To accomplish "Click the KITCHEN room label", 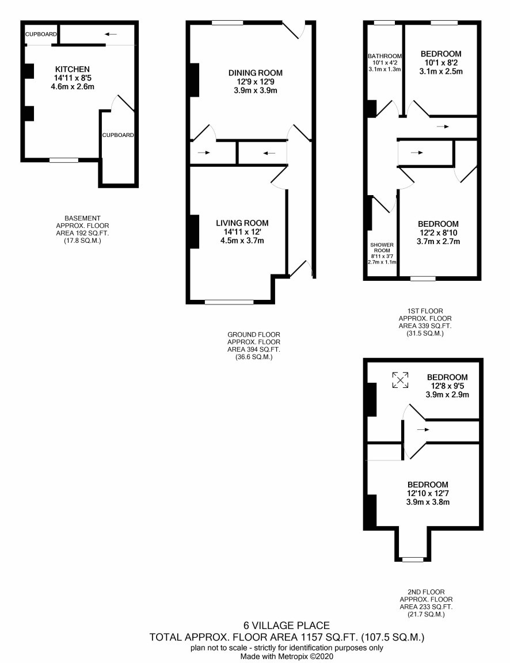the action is coord(73,69).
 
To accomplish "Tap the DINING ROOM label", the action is coord(256,73).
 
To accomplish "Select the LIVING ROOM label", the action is coord(242,223).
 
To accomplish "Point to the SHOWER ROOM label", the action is coord(382,247).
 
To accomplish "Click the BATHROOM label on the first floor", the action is coord(385,56).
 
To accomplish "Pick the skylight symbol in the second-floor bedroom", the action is coord(400,380).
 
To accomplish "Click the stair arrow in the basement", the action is coord(111,35).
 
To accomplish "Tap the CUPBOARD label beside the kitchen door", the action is coord(118,135).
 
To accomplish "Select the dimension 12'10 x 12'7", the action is coord(428,493).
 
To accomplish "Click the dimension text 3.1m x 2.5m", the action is coord(441,71).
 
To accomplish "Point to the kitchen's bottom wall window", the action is coord(64,160).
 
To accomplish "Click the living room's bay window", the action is coord(229,302).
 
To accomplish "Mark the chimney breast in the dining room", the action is coord(194,80).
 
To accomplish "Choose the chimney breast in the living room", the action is coord(194,232).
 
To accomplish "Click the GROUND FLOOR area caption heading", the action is coord(254,334).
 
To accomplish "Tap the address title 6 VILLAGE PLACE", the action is coord(286,626).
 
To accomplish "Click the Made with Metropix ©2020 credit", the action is coord(287,657).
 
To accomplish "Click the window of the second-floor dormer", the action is coord(413,559).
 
